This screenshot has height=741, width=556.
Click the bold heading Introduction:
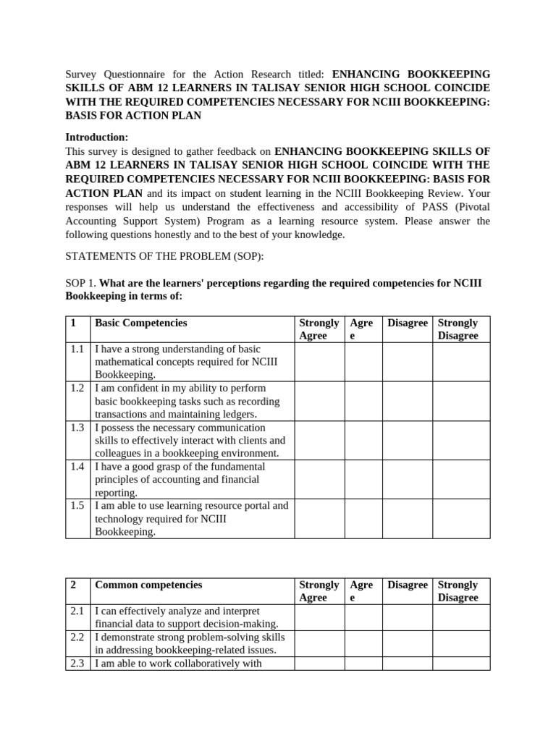point(97,137)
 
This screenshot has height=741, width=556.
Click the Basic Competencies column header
point(141,323)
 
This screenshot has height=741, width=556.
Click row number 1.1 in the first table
point(77,349)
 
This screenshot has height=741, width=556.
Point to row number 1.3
point(77,427)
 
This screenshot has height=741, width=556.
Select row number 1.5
point(77,505)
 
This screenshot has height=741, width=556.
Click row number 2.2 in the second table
point(77,637)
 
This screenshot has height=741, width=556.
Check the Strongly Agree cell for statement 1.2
point(319,401)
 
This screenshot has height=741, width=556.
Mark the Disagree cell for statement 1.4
point(407,479)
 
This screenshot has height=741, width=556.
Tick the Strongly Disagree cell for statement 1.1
point(461,362)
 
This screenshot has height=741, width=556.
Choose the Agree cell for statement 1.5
point(363,518)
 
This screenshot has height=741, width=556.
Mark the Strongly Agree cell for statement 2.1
point(319,617)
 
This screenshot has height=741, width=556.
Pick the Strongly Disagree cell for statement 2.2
point(461,643)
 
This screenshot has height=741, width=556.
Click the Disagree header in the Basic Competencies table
point(407,323)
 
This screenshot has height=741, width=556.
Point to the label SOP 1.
point(80,282)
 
